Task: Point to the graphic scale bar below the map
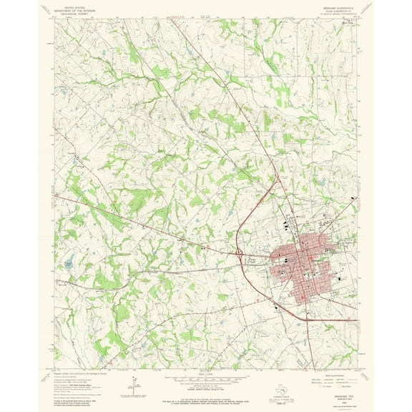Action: (204, 378)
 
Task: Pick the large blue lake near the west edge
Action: (69, 264)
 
